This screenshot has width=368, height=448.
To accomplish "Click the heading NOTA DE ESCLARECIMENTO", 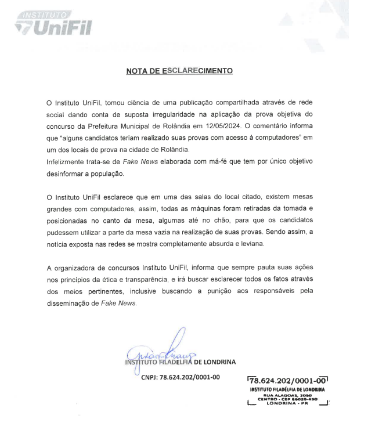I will tap(180, 71).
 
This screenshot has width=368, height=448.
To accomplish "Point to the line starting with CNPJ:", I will tap(181, 377).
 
